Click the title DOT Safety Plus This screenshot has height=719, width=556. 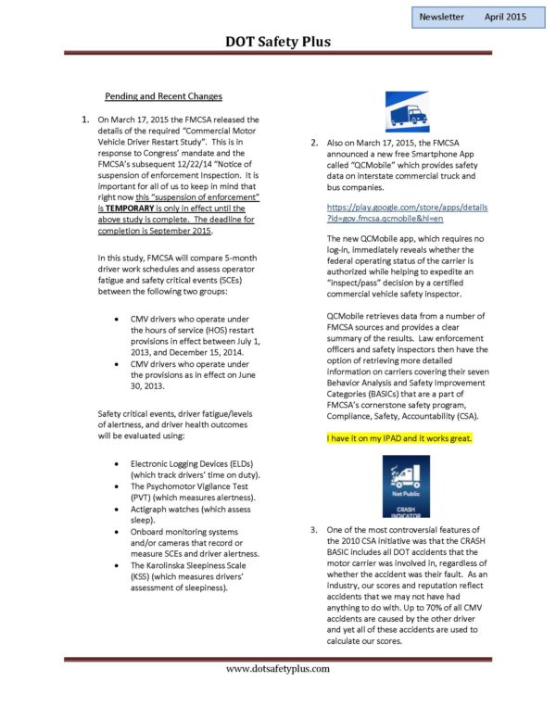click(278, 41)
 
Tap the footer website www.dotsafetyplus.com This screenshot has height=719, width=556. click(278, 668)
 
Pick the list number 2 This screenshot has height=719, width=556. click(315, 144)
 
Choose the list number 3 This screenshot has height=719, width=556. click(315, 529)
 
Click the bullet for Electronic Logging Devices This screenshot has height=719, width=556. click(114, 462)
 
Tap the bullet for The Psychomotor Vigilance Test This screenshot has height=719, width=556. click(114, 486)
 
